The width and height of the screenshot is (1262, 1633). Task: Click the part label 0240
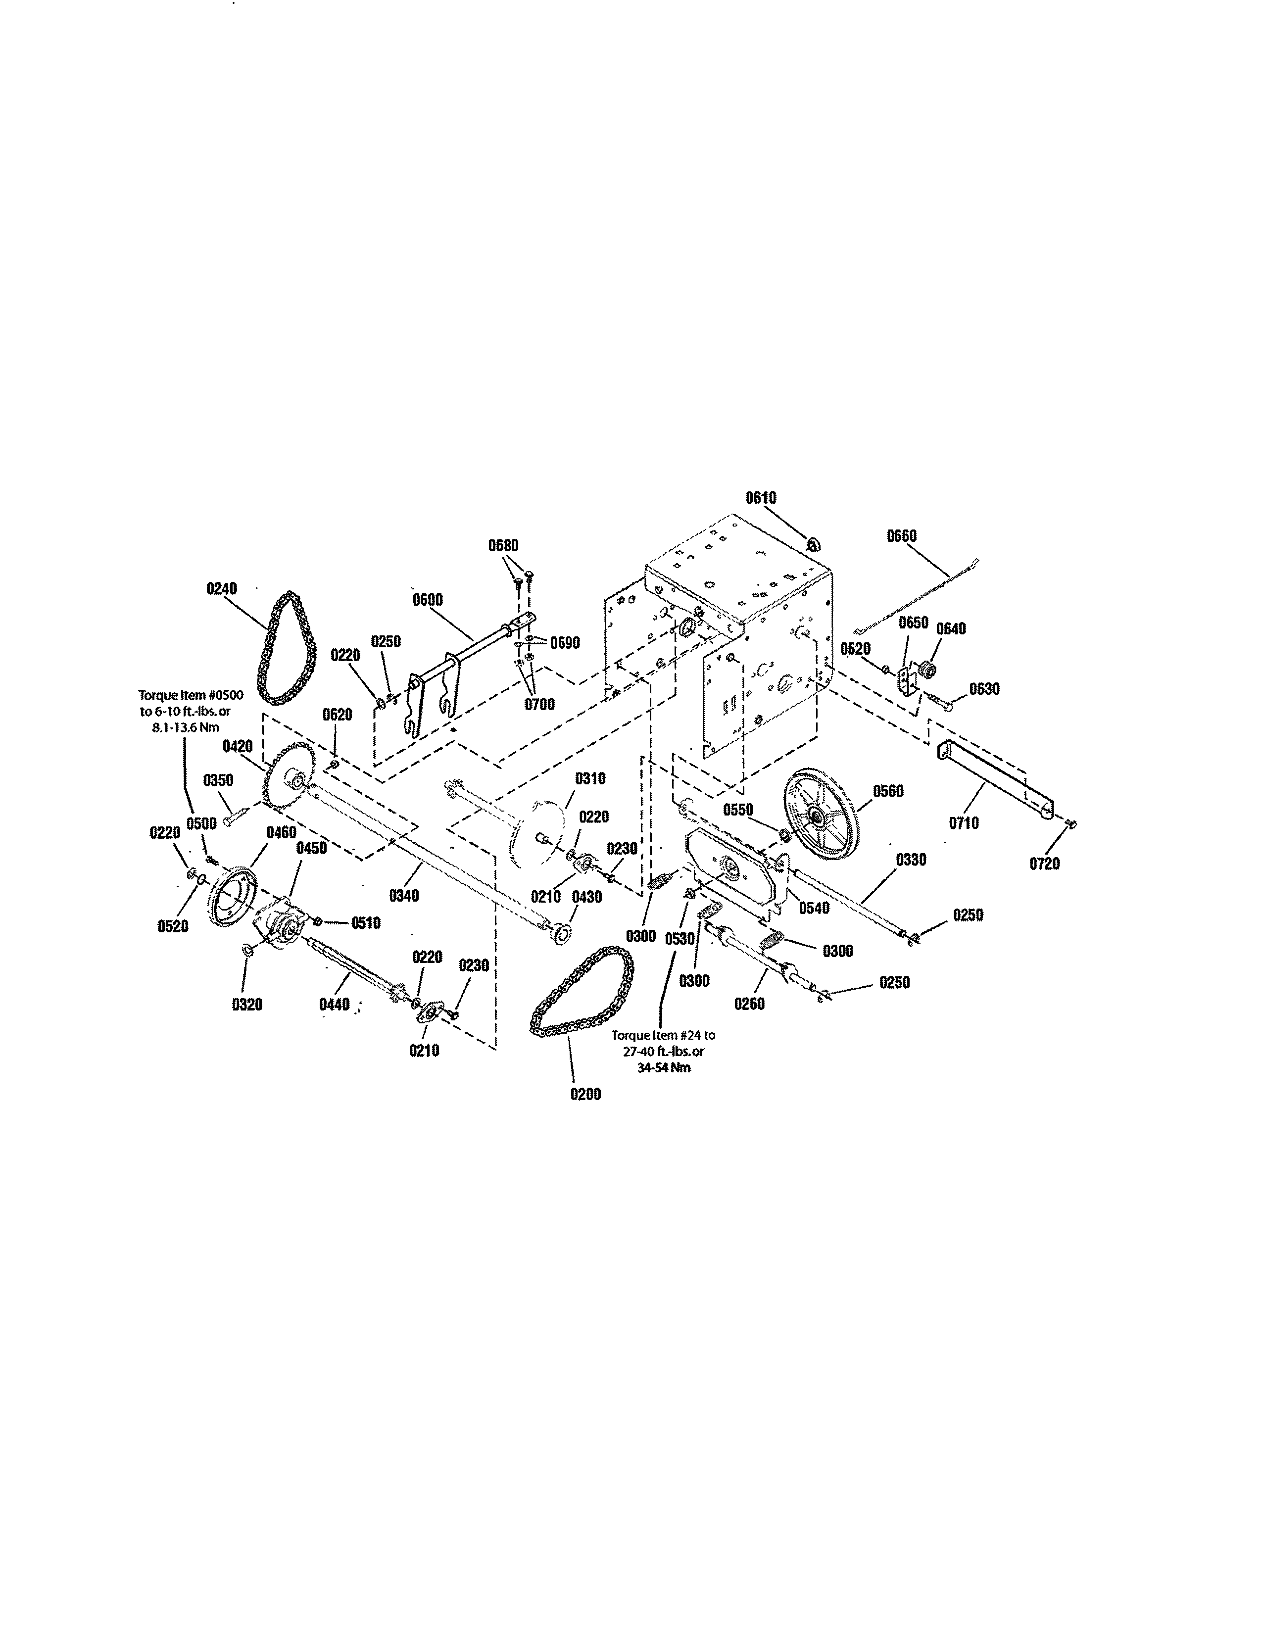221,589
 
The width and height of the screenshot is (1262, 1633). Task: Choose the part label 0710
964,823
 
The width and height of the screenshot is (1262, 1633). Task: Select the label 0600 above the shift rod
428,600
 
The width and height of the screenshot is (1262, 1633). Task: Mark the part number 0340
404,895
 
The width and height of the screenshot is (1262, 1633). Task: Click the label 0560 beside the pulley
888,791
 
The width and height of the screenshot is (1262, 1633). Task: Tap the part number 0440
334,1004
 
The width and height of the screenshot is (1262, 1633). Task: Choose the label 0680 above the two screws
503,546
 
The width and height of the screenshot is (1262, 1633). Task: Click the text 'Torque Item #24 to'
663,1036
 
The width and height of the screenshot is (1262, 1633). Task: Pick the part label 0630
985,689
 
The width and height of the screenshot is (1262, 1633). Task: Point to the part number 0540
814,909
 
